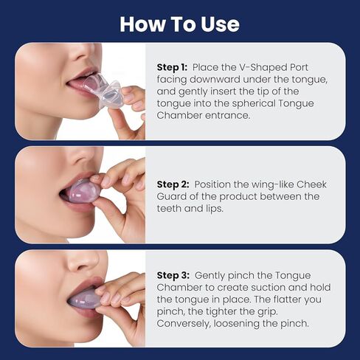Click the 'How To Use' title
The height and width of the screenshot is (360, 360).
point(179,24)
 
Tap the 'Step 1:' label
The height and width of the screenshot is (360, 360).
point(172,67)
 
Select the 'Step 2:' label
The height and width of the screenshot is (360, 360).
point(173,184)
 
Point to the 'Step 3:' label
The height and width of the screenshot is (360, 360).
point(173,274)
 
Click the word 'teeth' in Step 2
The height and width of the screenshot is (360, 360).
point(171,208)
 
